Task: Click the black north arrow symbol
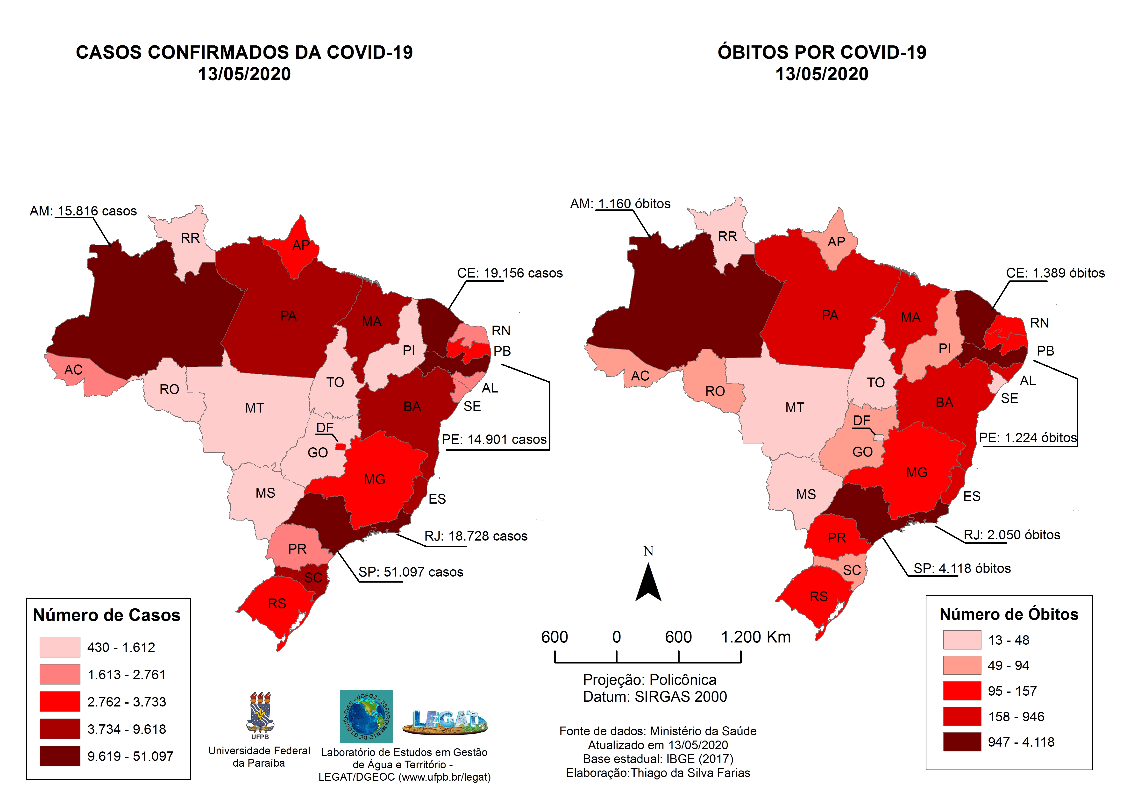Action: pos(648,583)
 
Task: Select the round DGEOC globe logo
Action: pos(366,716)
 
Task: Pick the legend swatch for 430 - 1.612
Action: pos(60,647)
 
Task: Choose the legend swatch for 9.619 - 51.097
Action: pos(60,756)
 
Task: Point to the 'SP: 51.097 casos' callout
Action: pos(411,572)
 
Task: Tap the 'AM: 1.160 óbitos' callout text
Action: pos(620,204)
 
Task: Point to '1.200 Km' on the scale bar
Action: pos(755,637)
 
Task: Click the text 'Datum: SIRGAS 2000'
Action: pos(654,697)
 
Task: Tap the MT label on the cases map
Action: pos(255,408)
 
